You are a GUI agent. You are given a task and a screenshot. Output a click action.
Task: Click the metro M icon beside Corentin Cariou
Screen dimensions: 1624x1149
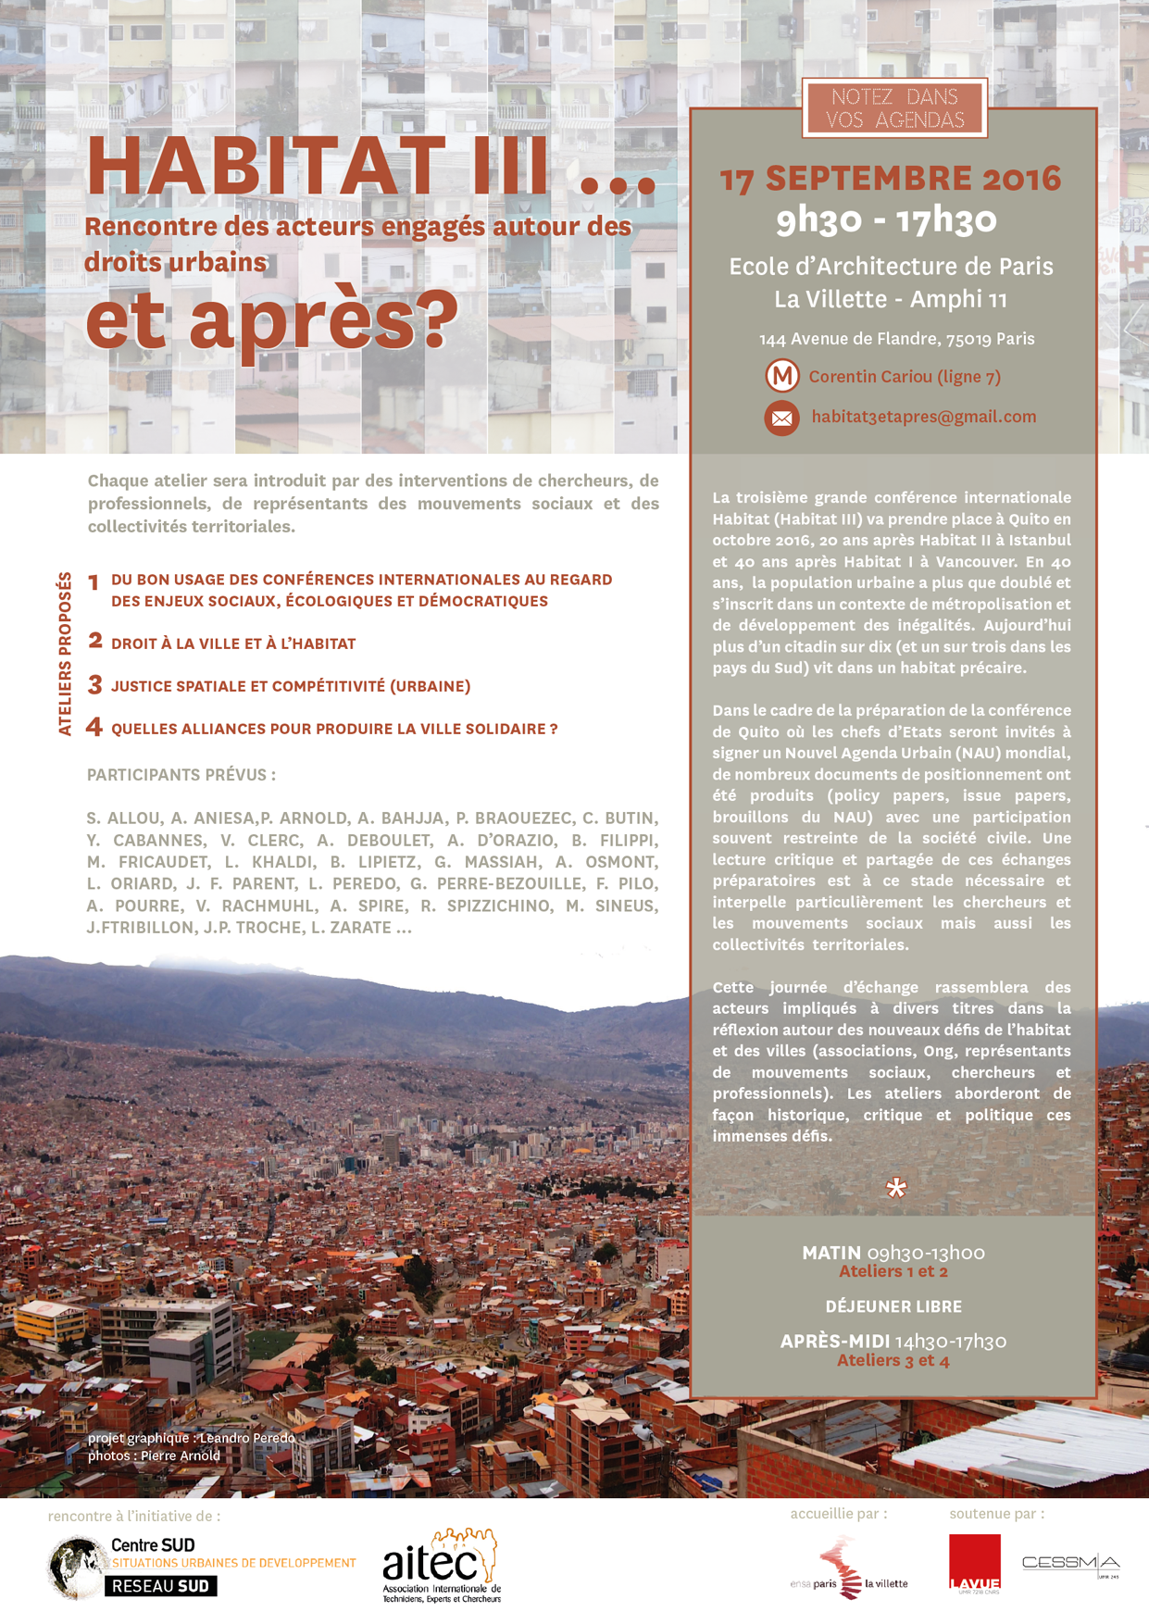click(782, 376)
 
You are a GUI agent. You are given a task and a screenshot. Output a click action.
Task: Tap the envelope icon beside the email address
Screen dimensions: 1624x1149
click(781, 418)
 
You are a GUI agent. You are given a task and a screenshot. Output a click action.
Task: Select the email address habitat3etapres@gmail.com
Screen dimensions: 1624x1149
click(923, 417)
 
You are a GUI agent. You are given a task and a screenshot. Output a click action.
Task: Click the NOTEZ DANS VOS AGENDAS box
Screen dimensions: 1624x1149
click(894, 108)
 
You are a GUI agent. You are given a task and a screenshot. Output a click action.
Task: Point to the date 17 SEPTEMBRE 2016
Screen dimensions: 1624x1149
click(891, 178)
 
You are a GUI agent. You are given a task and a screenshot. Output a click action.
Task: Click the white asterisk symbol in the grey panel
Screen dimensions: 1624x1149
click(895, 1188)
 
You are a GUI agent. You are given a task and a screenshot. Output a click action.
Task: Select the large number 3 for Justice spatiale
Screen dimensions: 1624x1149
click(94, 684)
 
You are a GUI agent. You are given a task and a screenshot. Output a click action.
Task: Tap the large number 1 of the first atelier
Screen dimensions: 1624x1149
click(94, 582)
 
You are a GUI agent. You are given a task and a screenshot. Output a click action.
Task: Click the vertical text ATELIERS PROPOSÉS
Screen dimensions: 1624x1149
click(65, 654)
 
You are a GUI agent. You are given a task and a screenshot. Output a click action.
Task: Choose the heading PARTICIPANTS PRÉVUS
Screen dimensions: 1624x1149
click(181, 775)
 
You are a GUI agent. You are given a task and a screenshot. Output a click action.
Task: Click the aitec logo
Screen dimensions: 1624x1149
click(442, 1565)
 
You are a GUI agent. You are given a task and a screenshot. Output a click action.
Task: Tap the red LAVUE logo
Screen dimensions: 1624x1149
click(974, 1563)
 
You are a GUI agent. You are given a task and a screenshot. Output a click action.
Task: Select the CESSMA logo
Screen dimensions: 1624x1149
click(1069, 1564)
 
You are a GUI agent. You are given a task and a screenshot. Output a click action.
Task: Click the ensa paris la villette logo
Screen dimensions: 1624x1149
click(849, 1567)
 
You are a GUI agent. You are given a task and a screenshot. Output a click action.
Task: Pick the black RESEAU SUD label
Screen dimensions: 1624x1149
click(160, 1586)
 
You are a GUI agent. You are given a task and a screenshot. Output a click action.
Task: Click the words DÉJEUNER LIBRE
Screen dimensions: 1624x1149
click(893, 1306)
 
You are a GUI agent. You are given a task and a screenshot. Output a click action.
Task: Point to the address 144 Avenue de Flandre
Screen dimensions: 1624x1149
click(896, 339)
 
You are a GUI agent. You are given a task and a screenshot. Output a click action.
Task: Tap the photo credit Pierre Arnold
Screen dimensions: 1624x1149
click(180, 1455)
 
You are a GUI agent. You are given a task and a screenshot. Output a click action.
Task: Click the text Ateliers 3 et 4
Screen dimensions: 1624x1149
click(893, 1360)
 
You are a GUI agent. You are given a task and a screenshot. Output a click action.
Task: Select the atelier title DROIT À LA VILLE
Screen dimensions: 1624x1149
click(233, 643)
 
